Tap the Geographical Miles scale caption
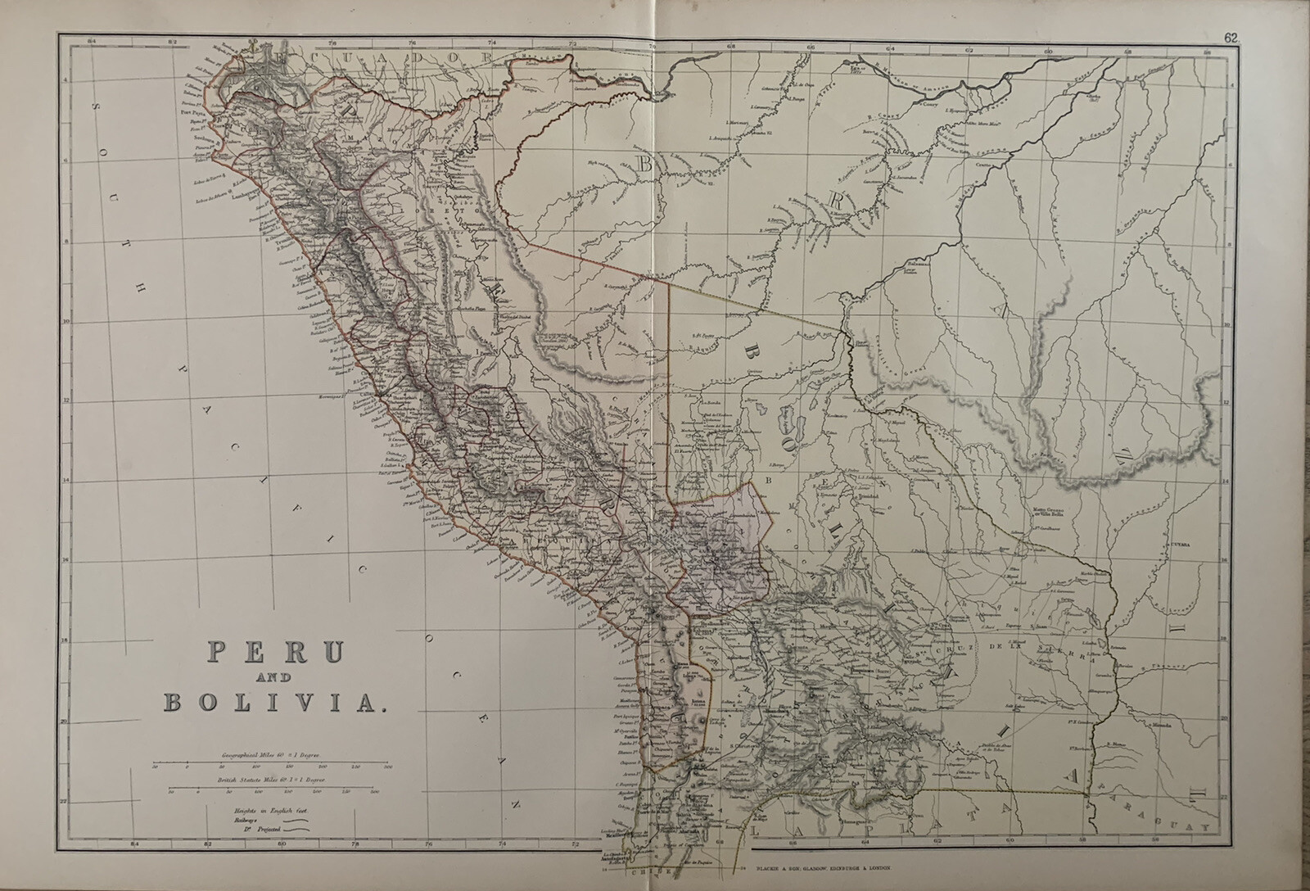click(270, 753)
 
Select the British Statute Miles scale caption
click(270, 781)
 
